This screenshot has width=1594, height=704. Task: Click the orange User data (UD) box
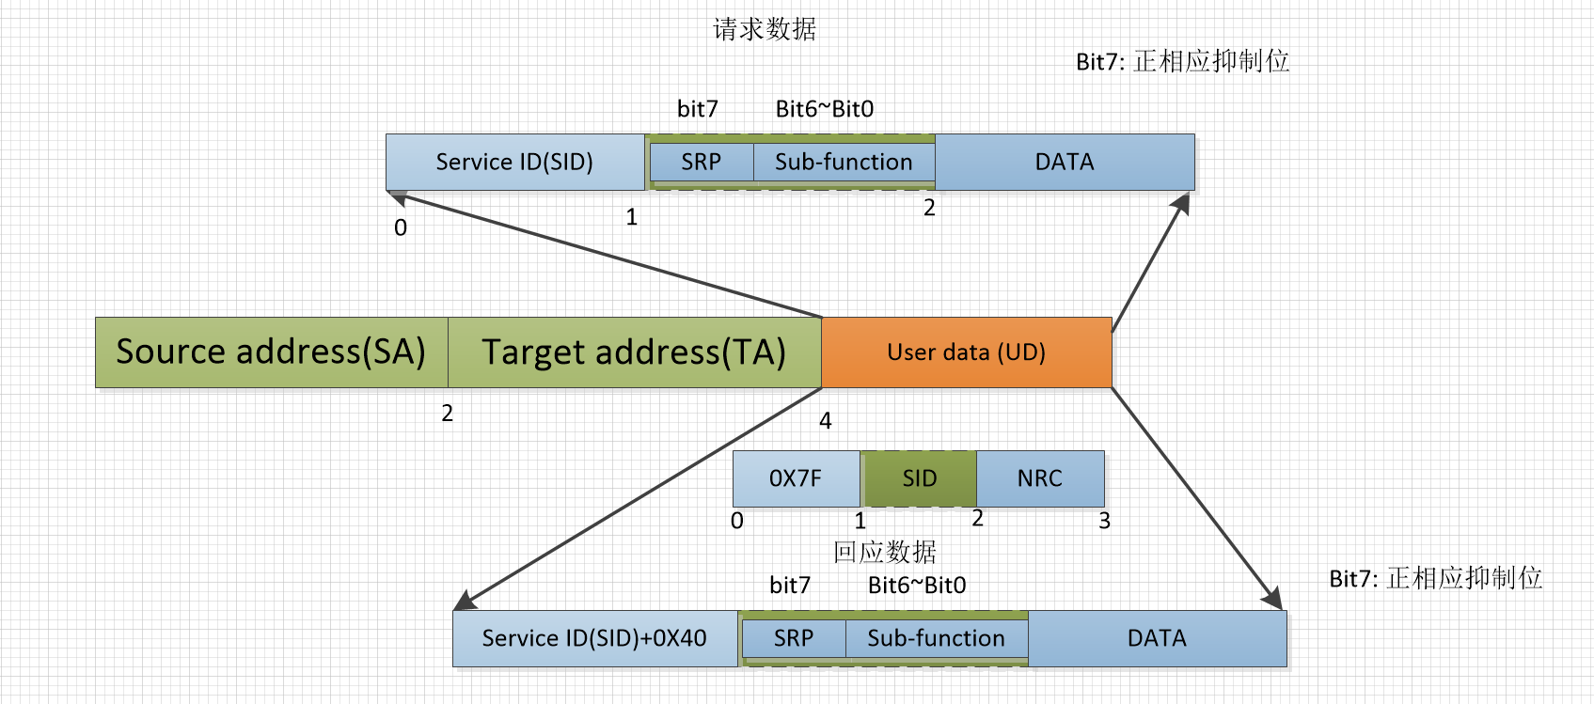pyautogui.click(x=967, y=352)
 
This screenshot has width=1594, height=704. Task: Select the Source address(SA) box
pyautogui.click(x=271, y=352)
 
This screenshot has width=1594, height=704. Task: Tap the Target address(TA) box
pyautogui.click(x=634, y=352)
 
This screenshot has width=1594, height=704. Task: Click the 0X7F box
pyautogui.click(x=796, y=478)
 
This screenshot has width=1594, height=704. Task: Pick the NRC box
pyautogui.click(x=1039, y=478)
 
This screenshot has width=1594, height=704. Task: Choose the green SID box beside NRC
pyautogui.click(x=919, y=478)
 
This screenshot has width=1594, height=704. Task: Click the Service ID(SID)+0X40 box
pyautogui.click(x=594, y=638)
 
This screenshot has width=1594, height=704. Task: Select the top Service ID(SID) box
pyautogui.click(x=514, y=162)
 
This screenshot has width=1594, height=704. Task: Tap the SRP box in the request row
pyautogui.click(x=701, y=162)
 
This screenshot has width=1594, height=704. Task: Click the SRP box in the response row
pyautogui.click(x=793, y=638)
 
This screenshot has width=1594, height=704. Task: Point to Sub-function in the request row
pyautogui.click(x=844, y=162)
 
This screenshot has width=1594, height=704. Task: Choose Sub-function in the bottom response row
pyautogui.click(x=936, y=638)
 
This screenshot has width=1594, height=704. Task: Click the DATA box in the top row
pyautogui.click(x=1065, y=162)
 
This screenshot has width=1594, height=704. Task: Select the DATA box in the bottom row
pyautogui.click(x=1157, y=638)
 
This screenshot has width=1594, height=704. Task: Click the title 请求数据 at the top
pyautogui.click(x=764, y=29)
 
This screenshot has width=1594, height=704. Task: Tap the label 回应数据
pyautogui.click(x=884, y=552)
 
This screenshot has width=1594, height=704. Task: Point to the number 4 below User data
pyautogui.click(x=825, y=421)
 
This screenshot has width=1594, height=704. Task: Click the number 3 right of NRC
pyautogui.click(x=1104, y=521)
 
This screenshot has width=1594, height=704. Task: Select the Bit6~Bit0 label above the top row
pyautogui.click(x=824, y=109)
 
